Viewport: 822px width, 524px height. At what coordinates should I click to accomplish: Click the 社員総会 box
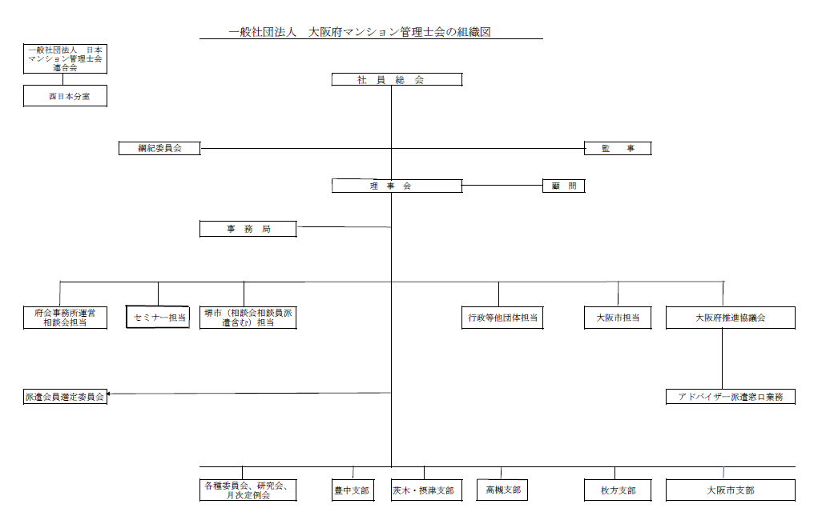(397, 79)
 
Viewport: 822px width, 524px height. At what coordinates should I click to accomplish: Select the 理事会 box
(397, 186)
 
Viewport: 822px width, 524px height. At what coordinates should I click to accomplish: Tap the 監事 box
(616, 148)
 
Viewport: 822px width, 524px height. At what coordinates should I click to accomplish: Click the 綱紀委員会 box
(159, 148)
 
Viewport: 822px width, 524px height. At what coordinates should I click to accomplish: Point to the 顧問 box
(563, 186)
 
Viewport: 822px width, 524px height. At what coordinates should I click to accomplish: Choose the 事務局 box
(248, 229)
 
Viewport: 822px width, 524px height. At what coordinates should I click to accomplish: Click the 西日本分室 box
(65, 96)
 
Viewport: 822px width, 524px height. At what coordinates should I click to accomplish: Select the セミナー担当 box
(158, 318)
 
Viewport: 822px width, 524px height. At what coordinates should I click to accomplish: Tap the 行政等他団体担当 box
(502, 318)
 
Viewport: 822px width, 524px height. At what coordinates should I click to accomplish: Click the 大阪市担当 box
(617, 318)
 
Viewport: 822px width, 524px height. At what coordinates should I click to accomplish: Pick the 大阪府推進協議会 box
(730, 318)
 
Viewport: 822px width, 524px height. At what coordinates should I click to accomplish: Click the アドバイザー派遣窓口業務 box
(730, 397)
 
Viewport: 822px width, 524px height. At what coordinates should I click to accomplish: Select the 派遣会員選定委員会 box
(65, 397)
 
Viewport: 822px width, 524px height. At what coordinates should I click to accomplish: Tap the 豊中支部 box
(352, 490)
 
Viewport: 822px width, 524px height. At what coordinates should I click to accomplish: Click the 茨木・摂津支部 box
(423, 490)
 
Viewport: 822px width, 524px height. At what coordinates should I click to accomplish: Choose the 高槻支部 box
(502, 490)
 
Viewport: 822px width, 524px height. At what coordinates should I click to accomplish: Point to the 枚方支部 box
(617, 490)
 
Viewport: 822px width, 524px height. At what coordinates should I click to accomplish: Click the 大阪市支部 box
(730, 490)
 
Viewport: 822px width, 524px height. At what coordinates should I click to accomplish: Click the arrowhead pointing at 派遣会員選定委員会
(110, 394)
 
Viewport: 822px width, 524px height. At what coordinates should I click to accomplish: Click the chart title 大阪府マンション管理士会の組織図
(371, 32)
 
